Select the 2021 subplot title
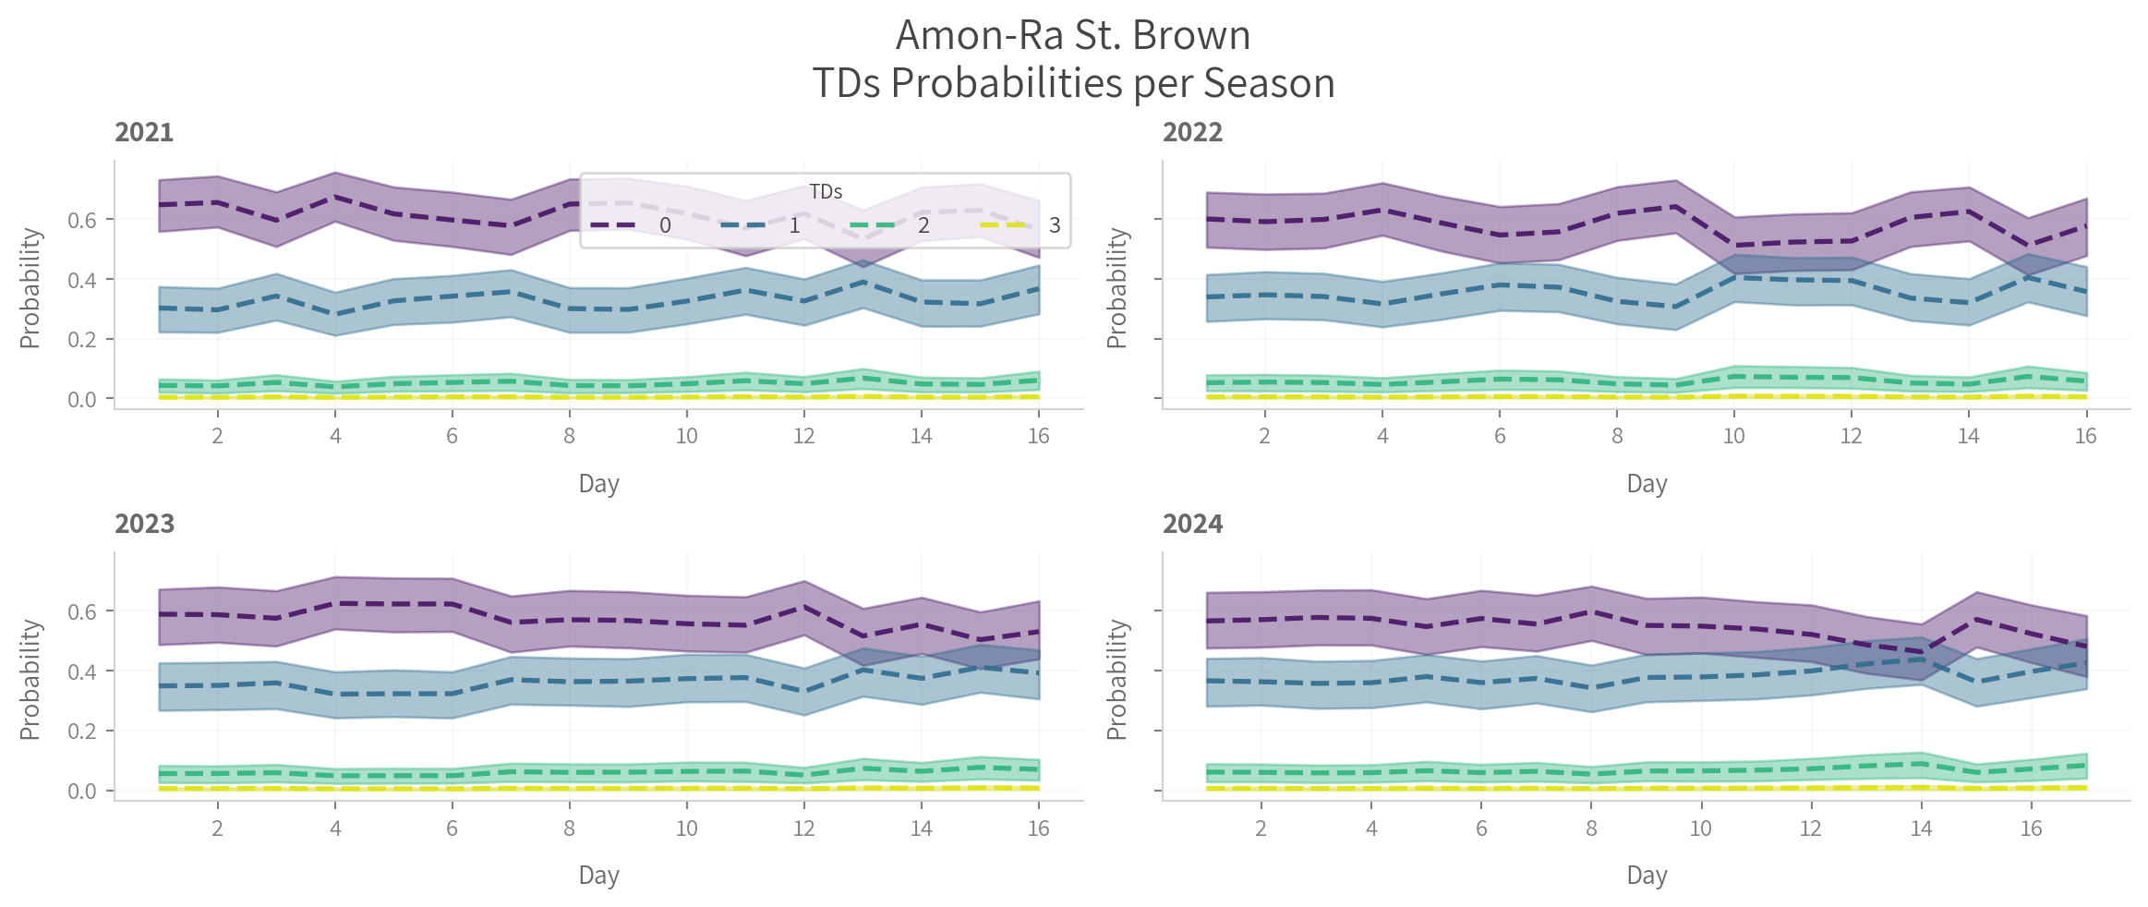click(x=144, y=133)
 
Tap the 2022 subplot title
click(x=1192, y=133)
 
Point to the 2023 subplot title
click(x=144, y=525)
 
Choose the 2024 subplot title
click(x=1192, y=525)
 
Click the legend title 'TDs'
click(x=826, y=192)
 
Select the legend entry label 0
click(x=665, y=226)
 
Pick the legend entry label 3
click(x=1055, y=226)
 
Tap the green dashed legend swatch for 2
click(x=873, y=225)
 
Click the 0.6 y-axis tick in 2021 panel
click(x=82, y=220)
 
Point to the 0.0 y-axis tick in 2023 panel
click(x=82, y=792)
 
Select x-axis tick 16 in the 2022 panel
click(x=2086, y=437)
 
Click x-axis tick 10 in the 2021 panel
click(x=686, y=437)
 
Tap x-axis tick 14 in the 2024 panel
click(x=1921, y=828)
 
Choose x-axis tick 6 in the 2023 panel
click(x=452, y=828)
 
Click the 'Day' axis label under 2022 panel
click(x=1647, y=484)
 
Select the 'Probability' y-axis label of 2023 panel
click(x=30, y=680)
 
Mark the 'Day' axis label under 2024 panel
click(x=1647, y=876)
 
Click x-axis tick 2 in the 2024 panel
click(x=1261, y=828)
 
